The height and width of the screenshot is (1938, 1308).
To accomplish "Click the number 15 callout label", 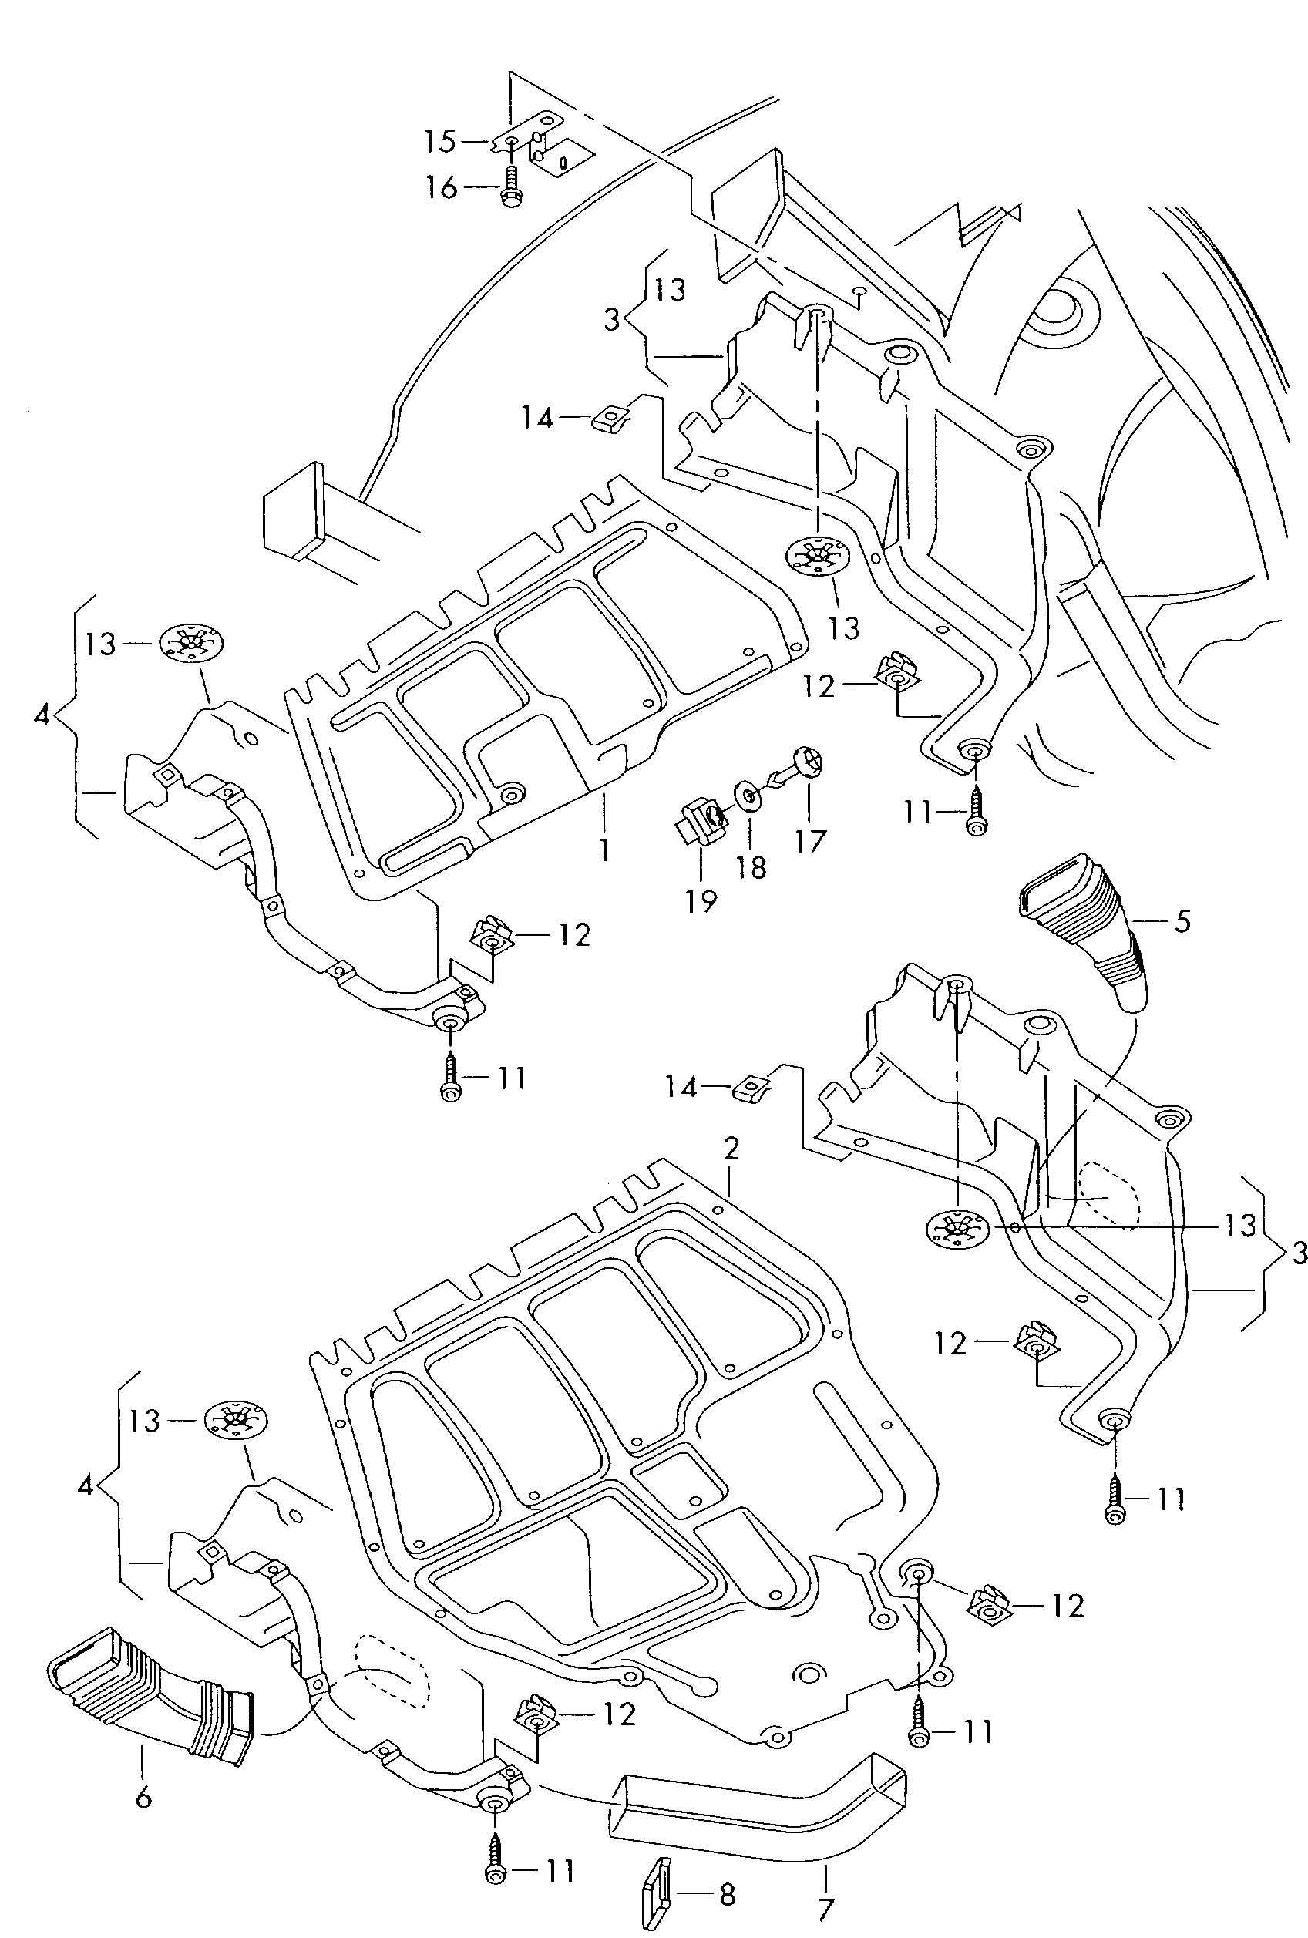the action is pyautogui.click(x=439, y=141).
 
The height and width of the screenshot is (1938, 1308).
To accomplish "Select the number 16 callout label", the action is pyautogui.click(x=441, y=187).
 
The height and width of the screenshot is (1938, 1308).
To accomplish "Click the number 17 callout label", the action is pyautogui.click(x=810, y=840).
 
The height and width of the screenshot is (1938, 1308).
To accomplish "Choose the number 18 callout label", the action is pyautogui.click(x=752, y=867).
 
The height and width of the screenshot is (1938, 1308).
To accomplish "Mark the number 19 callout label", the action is pyautogui.click(x=701, y=900).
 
